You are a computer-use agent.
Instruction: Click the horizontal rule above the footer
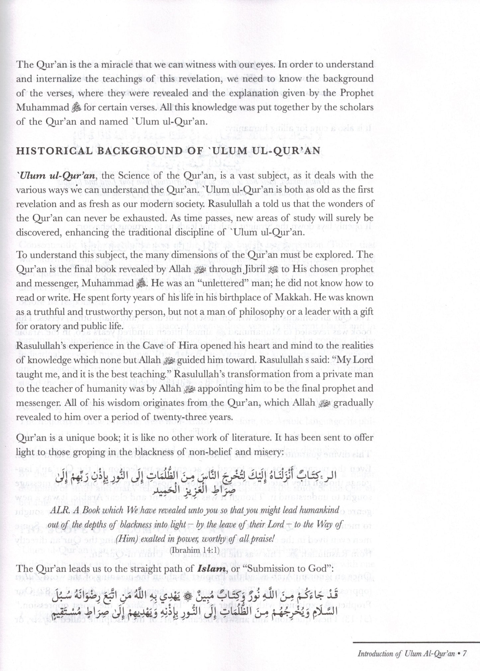click(x=415, y=642)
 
